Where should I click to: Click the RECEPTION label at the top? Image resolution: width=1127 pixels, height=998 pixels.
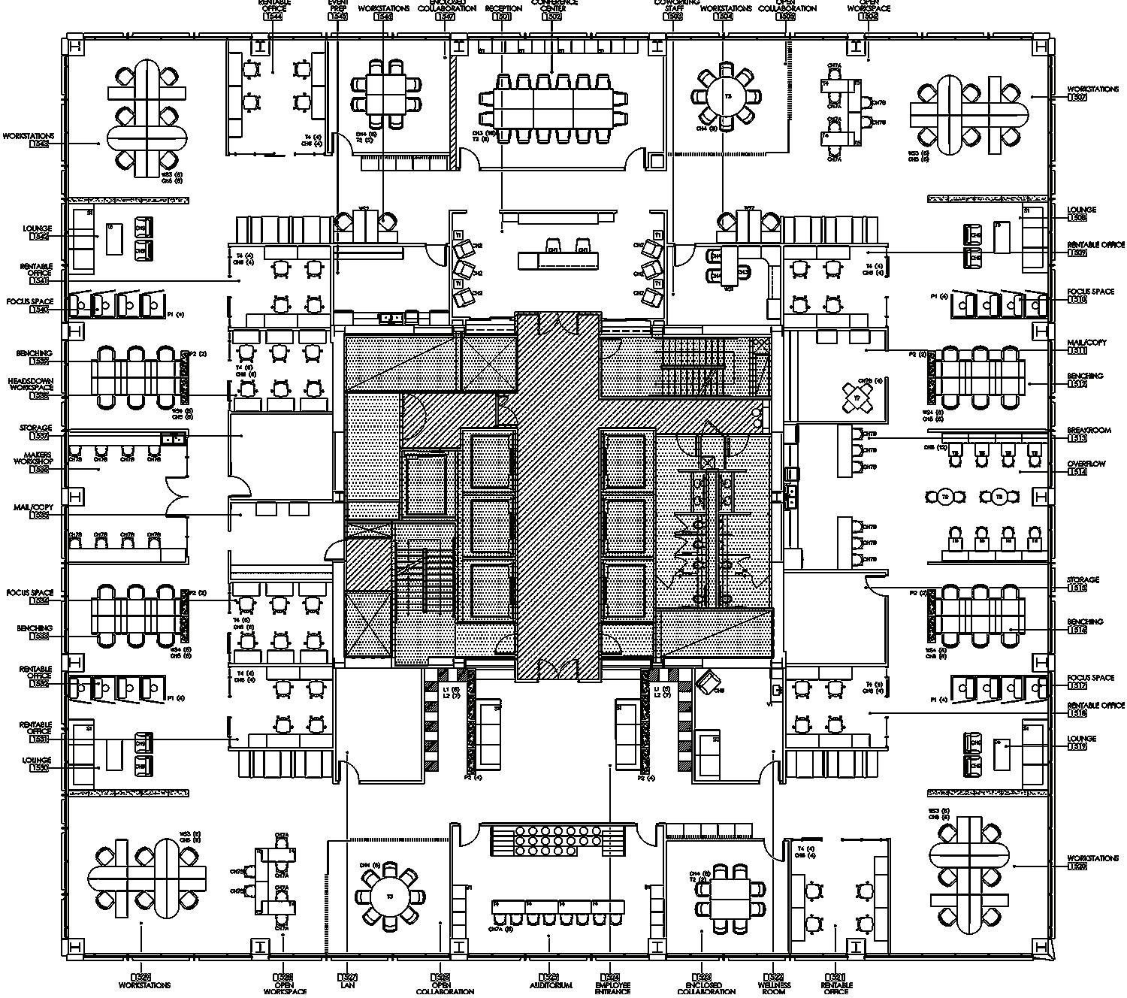coord(503,8)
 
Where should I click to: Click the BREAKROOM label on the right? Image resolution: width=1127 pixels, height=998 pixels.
coord(1088,431)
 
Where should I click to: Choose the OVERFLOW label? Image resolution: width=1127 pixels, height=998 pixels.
coord(1086,464)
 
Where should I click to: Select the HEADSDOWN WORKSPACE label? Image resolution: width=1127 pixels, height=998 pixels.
coord(31,385)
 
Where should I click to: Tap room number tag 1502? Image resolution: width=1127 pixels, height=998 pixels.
coord(552,16)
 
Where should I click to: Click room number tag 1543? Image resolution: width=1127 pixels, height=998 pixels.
coord(39,144)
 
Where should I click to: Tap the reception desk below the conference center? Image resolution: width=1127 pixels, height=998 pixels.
coord(560,259)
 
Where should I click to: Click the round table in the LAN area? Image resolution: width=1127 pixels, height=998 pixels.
coord(390,896)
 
